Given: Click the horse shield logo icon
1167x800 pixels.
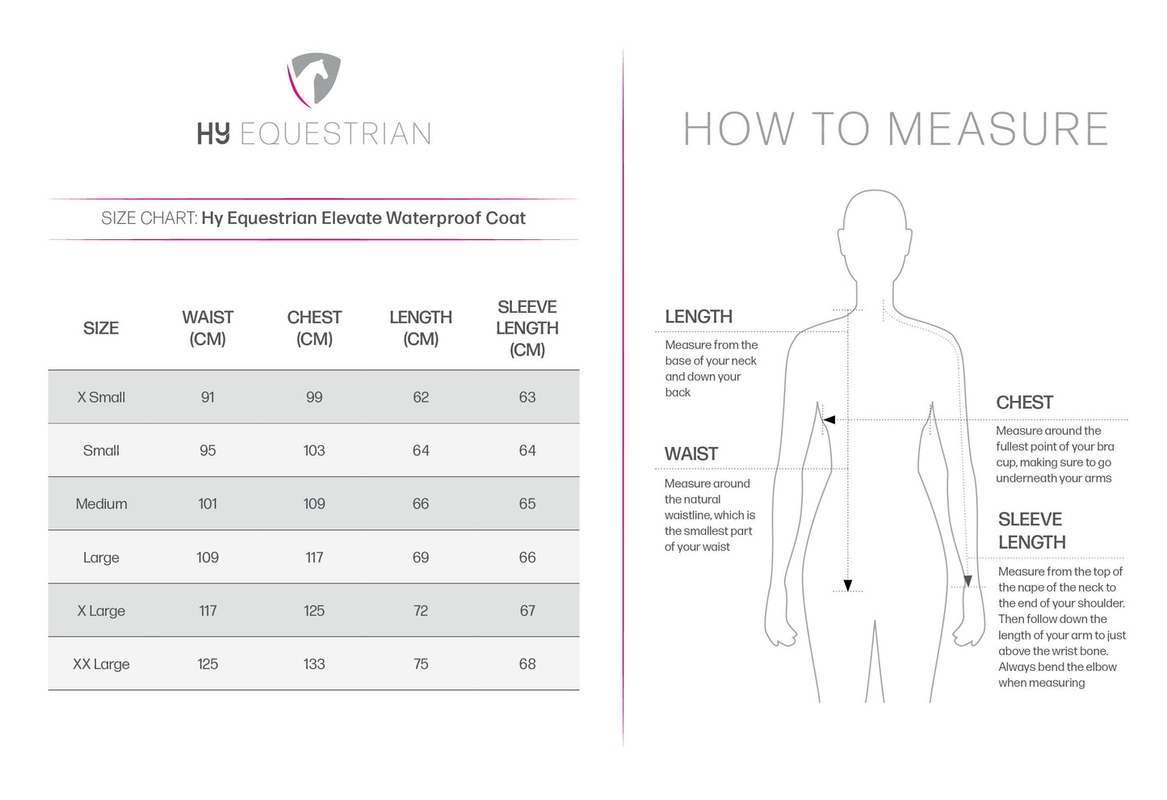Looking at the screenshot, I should (x=314, y=79).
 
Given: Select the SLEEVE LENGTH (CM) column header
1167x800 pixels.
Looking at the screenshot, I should (x=527, y=328).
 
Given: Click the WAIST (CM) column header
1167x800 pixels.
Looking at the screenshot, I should (x=208, y=328).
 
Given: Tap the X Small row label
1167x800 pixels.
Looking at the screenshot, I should (x=101, y=398).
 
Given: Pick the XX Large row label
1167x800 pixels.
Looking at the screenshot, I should (x=101, y=664).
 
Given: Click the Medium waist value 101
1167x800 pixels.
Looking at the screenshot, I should (x=208, y=504).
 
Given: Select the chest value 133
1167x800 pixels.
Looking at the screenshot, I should (x=314, y=664).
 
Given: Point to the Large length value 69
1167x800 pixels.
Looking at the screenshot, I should (x=421, y=558).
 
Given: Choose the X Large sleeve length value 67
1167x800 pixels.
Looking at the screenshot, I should (x=527, y=611).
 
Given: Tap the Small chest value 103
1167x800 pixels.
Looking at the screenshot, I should (x=314, y=451).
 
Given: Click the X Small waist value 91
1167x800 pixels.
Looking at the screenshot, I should (x=208, y=398).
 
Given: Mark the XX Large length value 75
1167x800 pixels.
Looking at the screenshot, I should (x=421, y=664).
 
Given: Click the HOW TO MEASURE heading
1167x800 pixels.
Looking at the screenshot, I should (x=896, y=129).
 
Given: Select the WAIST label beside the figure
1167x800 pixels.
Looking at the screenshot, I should (x=691, y=454).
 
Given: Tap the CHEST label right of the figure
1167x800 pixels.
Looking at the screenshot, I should (x=1024, y=402).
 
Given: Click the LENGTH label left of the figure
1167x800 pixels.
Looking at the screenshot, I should (x=699, y=317).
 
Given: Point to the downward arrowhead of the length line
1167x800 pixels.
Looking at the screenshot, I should (x=848, y=586).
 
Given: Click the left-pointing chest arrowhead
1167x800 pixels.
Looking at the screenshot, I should (x=829, y=420).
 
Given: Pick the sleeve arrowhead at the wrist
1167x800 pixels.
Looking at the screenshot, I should (x=968, y=581).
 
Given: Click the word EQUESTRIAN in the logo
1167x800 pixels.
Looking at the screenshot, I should (x=335, y=134).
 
